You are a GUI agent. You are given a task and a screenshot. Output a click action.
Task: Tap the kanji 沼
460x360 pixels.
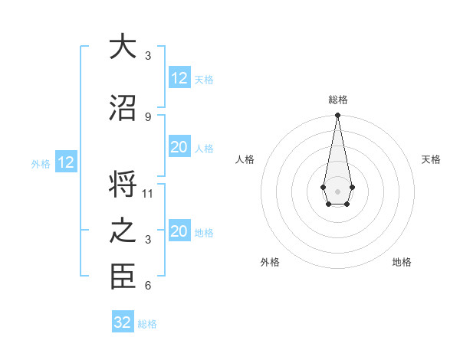pos(123,108)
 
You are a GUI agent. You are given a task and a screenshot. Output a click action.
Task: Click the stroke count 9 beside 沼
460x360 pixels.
pos(148,116)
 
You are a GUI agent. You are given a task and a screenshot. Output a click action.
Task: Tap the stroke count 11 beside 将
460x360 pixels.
pos(148,194)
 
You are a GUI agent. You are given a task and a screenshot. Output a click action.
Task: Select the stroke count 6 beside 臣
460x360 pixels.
pos(148,286)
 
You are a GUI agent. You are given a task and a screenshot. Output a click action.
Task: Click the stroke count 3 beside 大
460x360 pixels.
pos(148,55)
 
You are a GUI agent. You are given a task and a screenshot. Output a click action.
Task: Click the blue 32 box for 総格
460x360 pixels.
pos(123,322)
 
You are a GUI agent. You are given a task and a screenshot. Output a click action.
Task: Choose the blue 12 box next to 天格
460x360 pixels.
pos(179,78)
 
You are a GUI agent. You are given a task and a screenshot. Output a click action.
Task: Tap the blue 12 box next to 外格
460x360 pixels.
pos(65,162)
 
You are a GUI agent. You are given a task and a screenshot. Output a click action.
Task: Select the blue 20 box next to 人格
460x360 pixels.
pos(179,147)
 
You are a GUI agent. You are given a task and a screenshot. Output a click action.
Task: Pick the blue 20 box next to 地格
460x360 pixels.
pos(179,232)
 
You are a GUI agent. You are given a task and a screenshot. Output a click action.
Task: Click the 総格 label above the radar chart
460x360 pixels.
pos(337,100)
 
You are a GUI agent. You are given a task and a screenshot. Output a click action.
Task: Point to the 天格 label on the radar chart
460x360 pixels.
pos(431,159)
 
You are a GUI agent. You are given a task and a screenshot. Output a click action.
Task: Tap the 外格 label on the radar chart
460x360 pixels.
pos(270,262)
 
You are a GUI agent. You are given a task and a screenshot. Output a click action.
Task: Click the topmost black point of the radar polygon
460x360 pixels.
pos(337,116)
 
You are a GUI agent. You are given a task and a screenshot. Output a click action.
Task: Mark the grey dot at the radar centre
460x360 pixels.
pos(337,190)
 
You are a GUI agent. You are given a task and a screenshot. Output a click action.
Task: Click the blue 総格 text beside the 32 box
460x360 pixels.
pos(147,324)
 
